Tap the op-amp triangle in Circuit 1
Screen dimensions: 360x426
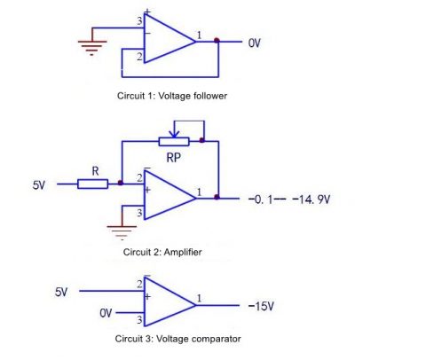(x=167, y=41)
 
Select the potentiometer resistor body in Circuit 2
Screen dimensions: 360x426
(x=175, y=140)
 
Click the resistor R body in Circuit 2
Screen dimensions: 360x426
(x=92, y=184)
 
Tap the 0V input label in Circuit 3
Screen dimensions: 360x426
(x=106, y=313)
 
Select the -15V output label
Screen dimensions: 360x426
(x=261, y=305)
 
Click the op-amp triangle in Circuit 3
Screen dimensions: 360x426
(x=167, y=303)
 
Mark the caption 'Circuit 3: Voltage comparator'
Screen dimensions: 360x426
(x=177, y=338)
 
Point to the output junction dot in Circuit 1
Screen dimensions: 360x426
(x=217, y=41)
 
